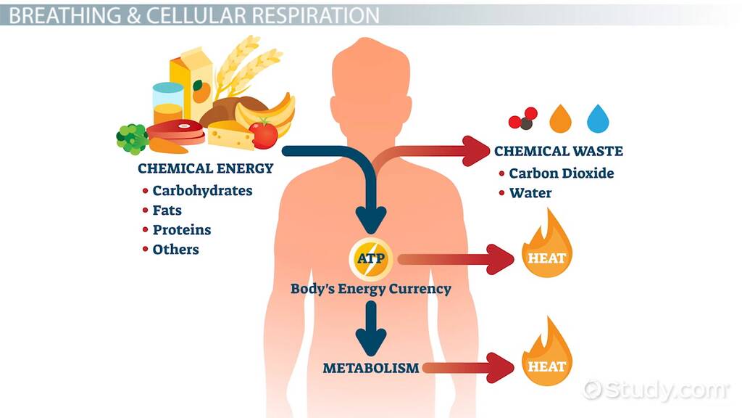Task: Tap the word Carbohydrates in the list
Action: click(x=202, y=191)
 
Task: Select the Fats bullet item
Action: click(x=167, y=210)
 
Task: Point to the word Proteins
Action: click(x=181, y=230)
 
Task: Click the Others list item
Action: click(x=175, y=250)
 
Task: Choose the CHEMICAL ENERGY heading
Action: click(x=206, y=169)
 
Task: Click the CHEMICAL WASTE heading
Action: click(x=558, y=152)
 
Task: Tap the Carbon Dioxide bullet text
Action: click(x=561, y=173)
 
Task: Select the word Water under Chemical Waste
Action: click(x=530, y=193)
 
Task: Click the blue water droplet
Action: click(x=599, y=118)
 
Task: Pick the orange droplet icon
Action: click(x=560, y=118)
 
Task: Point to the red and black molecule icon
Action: click(x=523, y=118)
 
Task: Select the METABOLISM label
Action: click(x=371, y=368)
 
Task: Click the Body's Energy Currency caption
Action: click(x=371, y=289)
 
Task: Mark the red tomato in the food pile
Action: click(x=263, y=135)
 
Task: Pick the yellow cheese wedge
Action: click(x=230, y=135)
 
